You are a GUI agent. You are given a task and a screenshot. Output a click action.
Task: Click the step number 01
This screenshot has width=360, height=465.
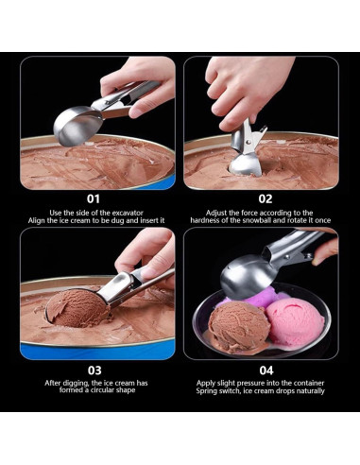[93, 198]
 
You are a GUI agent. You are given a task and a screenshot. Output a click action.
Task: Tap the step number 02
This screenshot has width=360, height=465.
[266, 198]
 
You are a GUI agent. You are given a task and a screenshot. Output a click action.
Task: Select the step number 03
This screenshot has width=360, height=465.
[93, 370]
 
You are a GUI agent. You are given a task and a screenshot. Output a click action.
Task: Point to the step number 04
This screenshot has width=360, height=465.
[266, 370]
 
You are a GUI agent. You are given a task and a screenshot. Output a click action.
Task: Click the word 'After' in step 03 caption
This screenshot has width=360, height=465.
[56, 384]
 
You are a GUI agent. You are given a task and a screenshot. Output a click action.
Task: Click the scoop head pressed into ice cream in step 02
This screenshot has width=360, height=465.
[246, 161]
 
